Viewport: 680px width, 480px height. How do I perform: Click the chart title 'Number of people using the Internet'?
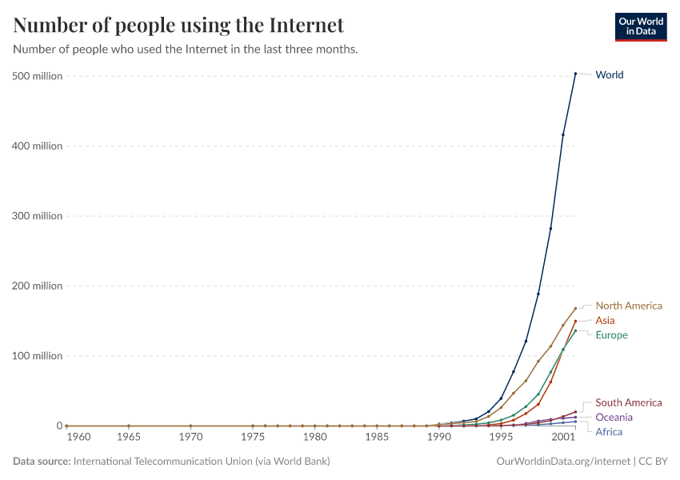pos(178,26)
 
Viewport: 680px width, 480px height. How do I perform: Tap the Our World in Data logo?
pos(641,26)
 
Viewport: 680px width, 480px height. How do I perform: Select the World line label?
pos(610,75)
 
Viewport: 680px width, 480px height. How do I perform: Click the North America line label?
pos(629,306)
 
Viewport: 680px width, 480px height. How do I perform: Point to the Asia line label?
pos(605,321)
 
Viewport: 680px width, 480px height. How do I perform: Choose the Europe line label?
pos(611,335)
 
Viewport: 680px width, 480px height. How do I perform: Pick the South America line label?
pos(629,403)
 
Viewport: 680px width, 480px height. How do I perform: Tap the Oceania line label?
pos(614,418)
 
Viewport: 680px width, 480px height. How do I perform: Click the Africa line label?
pos(609,432)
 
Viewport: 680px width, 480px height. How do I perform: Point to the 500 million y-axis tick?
pos(38,76)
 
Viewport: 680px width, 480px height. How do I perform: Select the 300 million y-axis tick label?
pos(38,216)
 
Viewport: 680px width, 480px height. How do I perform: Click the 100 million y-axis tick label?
pos(38,356)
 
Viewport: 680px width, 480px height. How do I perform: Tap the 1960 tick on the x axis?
pos(78,438)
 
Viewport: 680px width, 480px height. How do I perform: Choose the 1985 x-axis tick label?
pos(377,438)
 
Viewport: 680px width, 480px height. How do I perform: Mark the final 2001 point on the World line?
pos(575,74)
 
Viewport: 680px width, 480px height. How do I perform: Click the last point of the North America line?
pos(575,309)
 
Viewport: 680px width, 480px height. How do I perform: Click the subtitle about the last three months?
pos(186,50)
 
